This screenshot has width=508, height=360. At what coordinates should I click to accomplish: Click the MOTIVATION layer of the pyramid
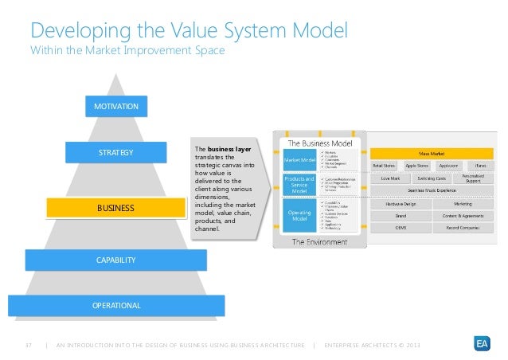click(116, 106)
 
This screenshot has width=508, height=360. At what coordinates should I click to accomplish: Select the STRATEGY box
click(116, 152)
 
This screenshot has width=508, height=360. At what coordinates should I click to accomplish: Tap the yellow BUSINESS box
click(116, 208)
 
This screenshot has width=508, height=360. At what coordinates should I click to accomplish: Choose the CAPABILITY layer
click(116, 260)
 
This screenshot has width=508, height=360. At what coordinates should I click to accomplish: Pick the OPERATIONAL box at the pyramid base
click(116, 305)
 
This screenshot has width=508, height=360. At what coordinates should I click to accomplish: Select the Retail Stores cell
click(384, 166)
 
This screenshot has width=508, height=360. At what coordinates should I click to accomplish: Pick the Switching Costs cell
click(431, 179)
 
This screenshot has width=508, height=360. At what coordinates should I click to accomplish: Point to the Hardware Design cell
click(401, 203)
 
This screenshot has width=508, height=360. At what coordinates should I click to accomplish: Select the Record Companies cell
click(462, 227)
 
